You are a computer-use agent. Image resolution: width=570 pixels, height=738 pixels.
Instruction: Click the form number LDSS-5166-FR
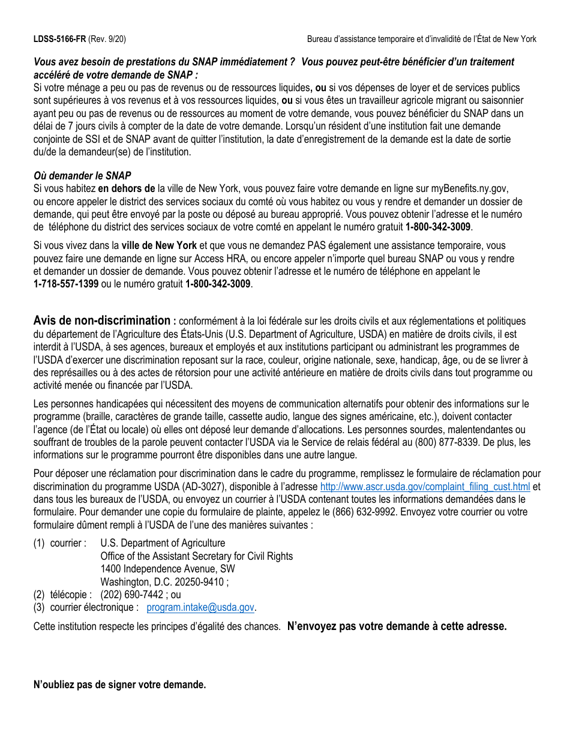click(59, 39)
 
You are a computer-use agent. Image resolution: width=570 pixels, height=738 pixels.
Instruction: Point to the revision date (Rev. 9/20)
click(107, 39)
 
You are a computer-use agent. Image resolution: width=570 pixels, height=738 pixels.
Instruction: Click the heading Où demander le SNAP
click(82, 176)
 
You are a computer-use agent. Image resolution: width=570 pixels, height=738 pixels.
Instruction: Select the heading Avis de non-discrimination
click(102, 320)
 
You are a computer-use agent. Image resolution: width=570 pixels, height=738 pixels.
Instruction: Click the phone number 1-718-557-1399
click(66, 284)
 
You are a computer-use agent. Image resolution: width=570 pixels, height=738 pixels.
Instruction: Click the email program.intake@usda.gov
click(200, 607)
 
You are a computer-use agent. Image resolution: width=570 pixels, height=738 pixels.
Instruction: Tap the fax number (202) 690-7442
click(131, 595)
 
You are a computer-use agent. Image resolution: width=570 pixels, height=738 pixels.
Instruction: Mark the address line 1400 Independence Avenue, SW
click(167, 569)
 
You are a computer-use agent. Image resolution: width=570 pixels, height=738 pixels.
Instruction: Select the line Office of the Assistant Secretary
click(196, 556)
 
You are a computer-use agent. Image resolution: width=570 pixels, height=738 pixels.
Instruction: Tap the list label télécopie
click(69, 595)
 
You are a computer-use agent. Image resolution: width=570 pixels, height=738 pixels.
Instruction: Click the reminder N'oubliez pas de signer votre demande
click(119, 685)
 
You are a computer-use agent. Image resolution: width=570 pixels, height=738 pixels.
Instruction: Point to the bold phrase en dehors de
click(127, 188)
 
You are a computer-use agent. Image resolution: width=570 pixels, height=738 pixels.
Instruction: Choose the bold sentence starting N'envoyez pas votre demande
click(397, 626)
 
